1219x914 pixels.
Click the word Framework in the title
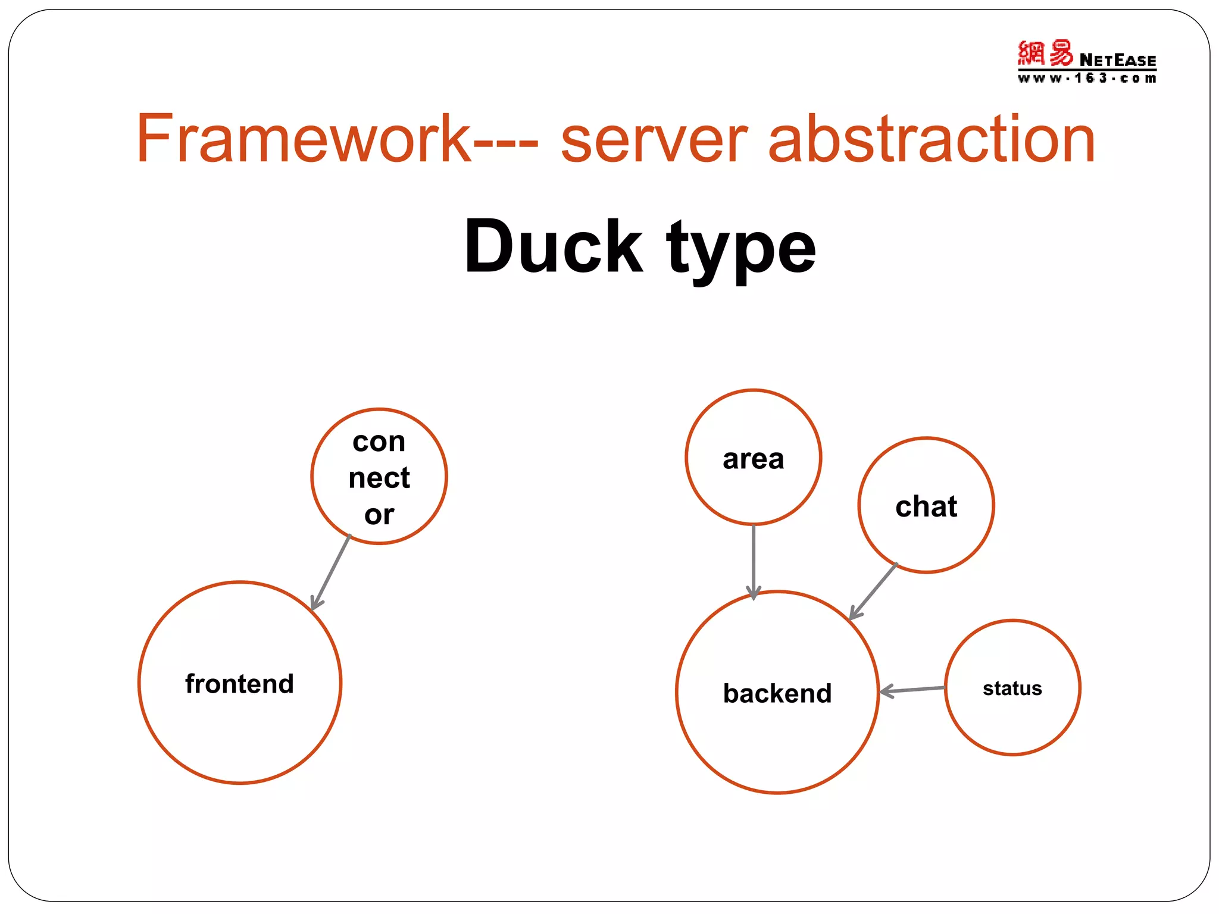coord(304,139)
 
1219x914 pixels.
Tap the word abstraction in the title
coord(932,139)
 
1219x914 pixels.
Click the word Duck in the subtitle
coord(553,246)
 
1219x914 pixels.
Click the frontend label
coord(239,684)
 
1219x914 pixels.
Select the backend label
coord(777,693)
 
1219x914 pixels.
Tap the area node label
coord(753,459)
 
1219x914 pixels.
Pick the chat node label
coord(926,506)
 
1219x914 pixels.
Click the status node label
coord(1012,688)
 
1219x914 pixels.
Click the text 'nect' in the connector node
coord(379,478)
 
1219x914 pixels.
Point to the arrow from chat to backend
coord(873,591)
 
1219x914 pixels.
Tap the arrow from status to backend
coord(912,690)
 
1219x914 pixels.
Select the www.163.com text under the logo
coord(1087,78)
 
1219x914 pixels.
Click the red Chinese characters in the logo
coord(1045,54)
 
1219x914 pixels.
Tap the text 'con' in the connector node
coord(379,442)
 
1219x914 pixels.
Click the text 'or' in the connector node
coord(379,515)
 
